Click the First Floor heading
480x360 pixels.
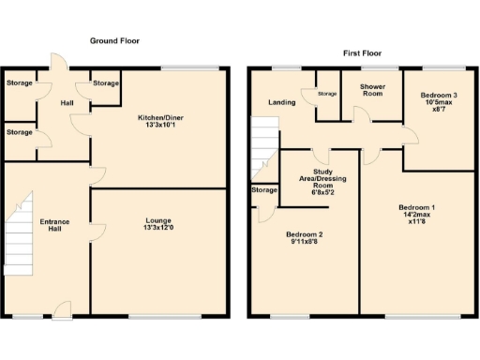point(366,53)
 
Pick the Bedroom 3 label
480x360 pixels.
point(439,96)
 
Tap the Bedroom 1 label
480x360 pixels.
point(416,206)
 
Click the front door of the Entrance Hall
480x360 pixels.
point(62,310)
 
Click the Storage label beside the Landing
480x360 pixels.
point(326,94)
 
